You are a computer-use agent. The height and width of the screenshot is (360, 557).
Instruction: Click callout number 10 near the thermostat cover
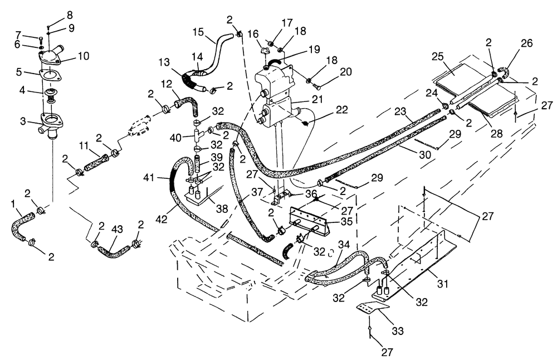[84, 56]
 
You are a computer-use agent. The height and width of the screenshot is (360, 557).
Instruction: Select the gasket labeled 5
[50, 76]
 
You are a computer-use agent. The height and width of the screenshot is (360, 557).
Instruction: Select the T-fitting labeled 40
[198, 136]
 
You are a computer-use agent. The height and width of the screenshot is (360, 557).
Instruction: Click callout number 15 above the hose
[198, 32]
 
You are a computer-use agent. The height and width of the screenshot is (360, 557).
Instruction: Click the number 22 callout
[342, 109]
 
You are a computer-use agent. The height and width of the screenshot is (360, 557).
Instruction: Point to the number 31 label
[442, 284]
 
